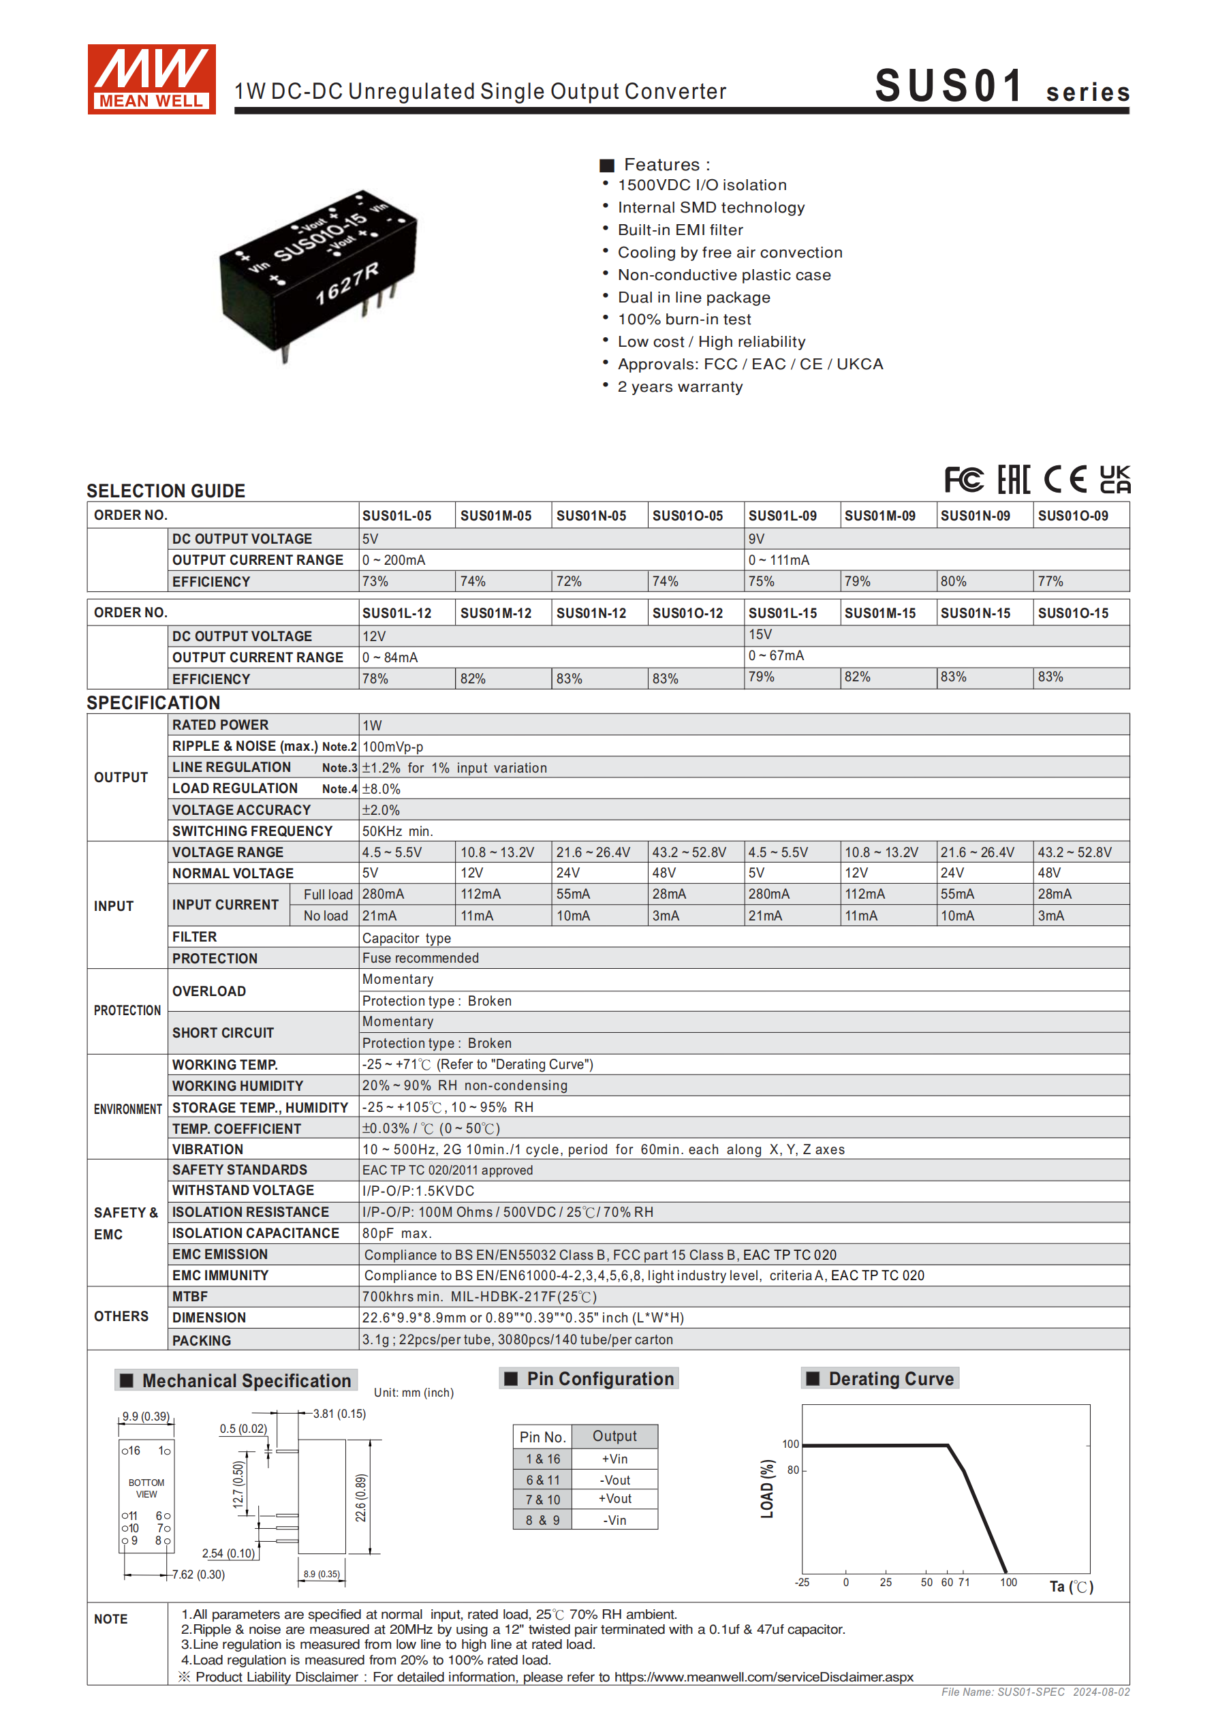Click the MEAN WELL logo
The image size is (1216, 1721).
(x=151, y=79)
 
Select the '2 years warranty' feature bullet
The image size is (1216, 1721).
(x=679, y=387)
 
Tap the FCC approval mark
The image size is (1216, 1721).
(x=963, y=480)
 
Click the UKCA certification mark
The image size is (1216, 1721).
(x=1114, y=480)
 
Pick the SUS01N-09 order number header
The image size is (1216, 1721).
(x=976, y=516)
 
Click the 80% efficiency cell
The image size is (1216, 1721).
(x=954, y=582)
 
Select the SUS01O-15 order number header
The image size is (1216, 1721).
(x=1073, y=613)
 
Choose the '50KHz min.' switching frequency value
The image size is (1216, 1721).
(x=397, y=831)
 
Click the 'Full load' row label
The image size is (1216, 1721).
(x=328, y=895)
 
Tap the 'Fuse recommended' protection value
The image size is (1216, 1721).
(x=420, y=958)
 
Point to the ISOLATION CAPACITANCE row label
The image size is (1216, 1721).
(x=255, y=1233)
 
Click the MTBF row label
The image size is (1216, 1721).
(x=189, y=1297)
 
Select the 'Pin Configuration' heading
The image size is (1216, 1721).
(x=599, y=1378)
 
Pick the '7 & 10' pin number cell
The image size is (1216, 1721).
(x=543, y=1500)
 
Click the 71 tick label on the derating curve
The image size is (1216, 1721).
(x=964, y=1582)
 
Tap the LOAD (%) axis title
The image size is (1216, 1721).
(x=767, y=1489)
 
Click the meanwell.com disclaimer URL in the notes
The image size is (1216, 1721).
(x=764, y=1677)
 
